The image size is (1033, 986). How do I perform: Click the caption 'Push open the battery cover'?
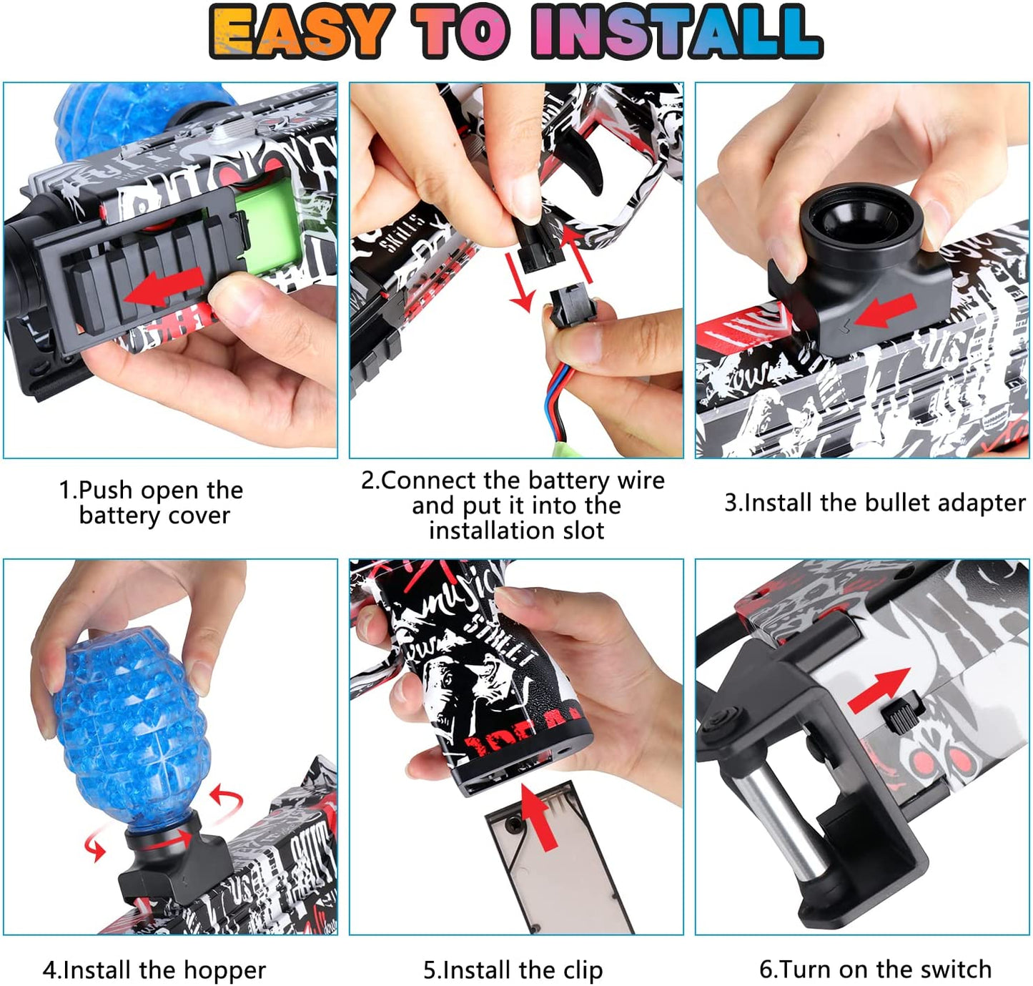click(x=152, y=503)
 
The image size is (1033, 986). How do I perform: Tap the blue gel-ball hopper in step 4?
click(x=129, y=722)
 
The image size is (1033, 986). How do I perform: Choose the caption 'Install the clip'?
click(x=513, y=970)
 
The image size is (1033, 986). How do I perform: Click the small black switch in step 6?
click(x=903, y=715)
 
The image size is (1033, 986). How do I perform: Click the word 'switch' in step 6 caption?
click(x=955, y=970)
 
